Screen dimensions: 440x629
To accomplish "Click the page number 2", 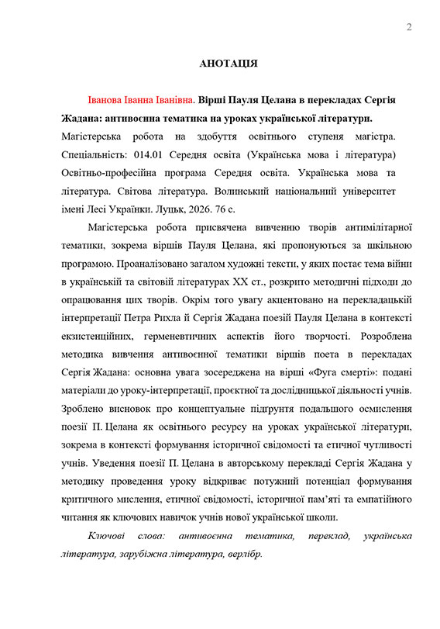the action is [x=408, y=28].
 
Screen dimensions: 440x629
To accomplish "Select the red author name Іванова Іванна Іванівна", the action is [x=142, y=101].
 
